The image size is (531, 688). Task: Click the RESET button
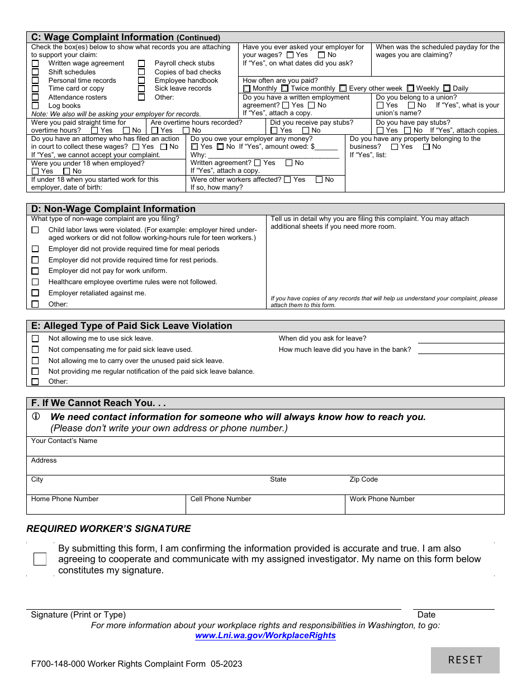tap(465, 660)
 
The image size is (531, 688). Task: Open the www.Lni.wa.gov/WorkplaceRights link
tap(265, 635)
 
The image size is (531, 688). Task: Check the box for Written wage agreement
tap(35, 64)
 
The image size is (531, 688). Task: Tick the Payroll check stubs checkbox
tap(141, 64)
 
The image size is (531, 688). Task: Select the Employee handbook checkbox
tap(141, 81)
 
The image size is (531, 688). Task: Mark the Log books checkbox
tap(35, 106)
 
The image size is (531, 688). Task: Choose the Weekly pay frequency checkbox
tap(410, 88)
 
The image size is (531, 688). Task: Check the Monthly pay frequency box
tap(247, 88)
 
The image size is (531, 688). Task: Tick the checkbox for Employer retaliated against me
tap(35, 293)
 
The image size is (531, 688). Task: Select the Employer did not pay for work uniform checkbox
tap(35, 271)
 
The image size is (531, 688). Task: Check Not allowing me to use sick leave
tap(35, 338)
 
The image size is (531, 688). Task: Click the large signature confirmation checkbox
tap(40, 559)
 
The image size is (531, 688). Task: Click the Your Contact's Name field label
tap(64, 441)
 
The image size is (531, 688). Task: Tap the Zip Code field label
tap(364, 479)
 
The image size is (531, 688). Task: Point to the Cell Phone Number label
tap(221, 499)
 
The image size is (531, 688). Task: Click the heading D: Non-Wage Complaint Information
tap(113, 209)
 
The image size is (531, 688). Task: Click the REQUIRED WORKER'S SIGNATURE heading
tap(108, 529)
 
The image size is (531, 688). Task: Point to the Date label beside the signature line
tap(426, 615)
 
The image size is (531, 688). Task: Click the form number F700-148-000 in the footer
tap(58, 664)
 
